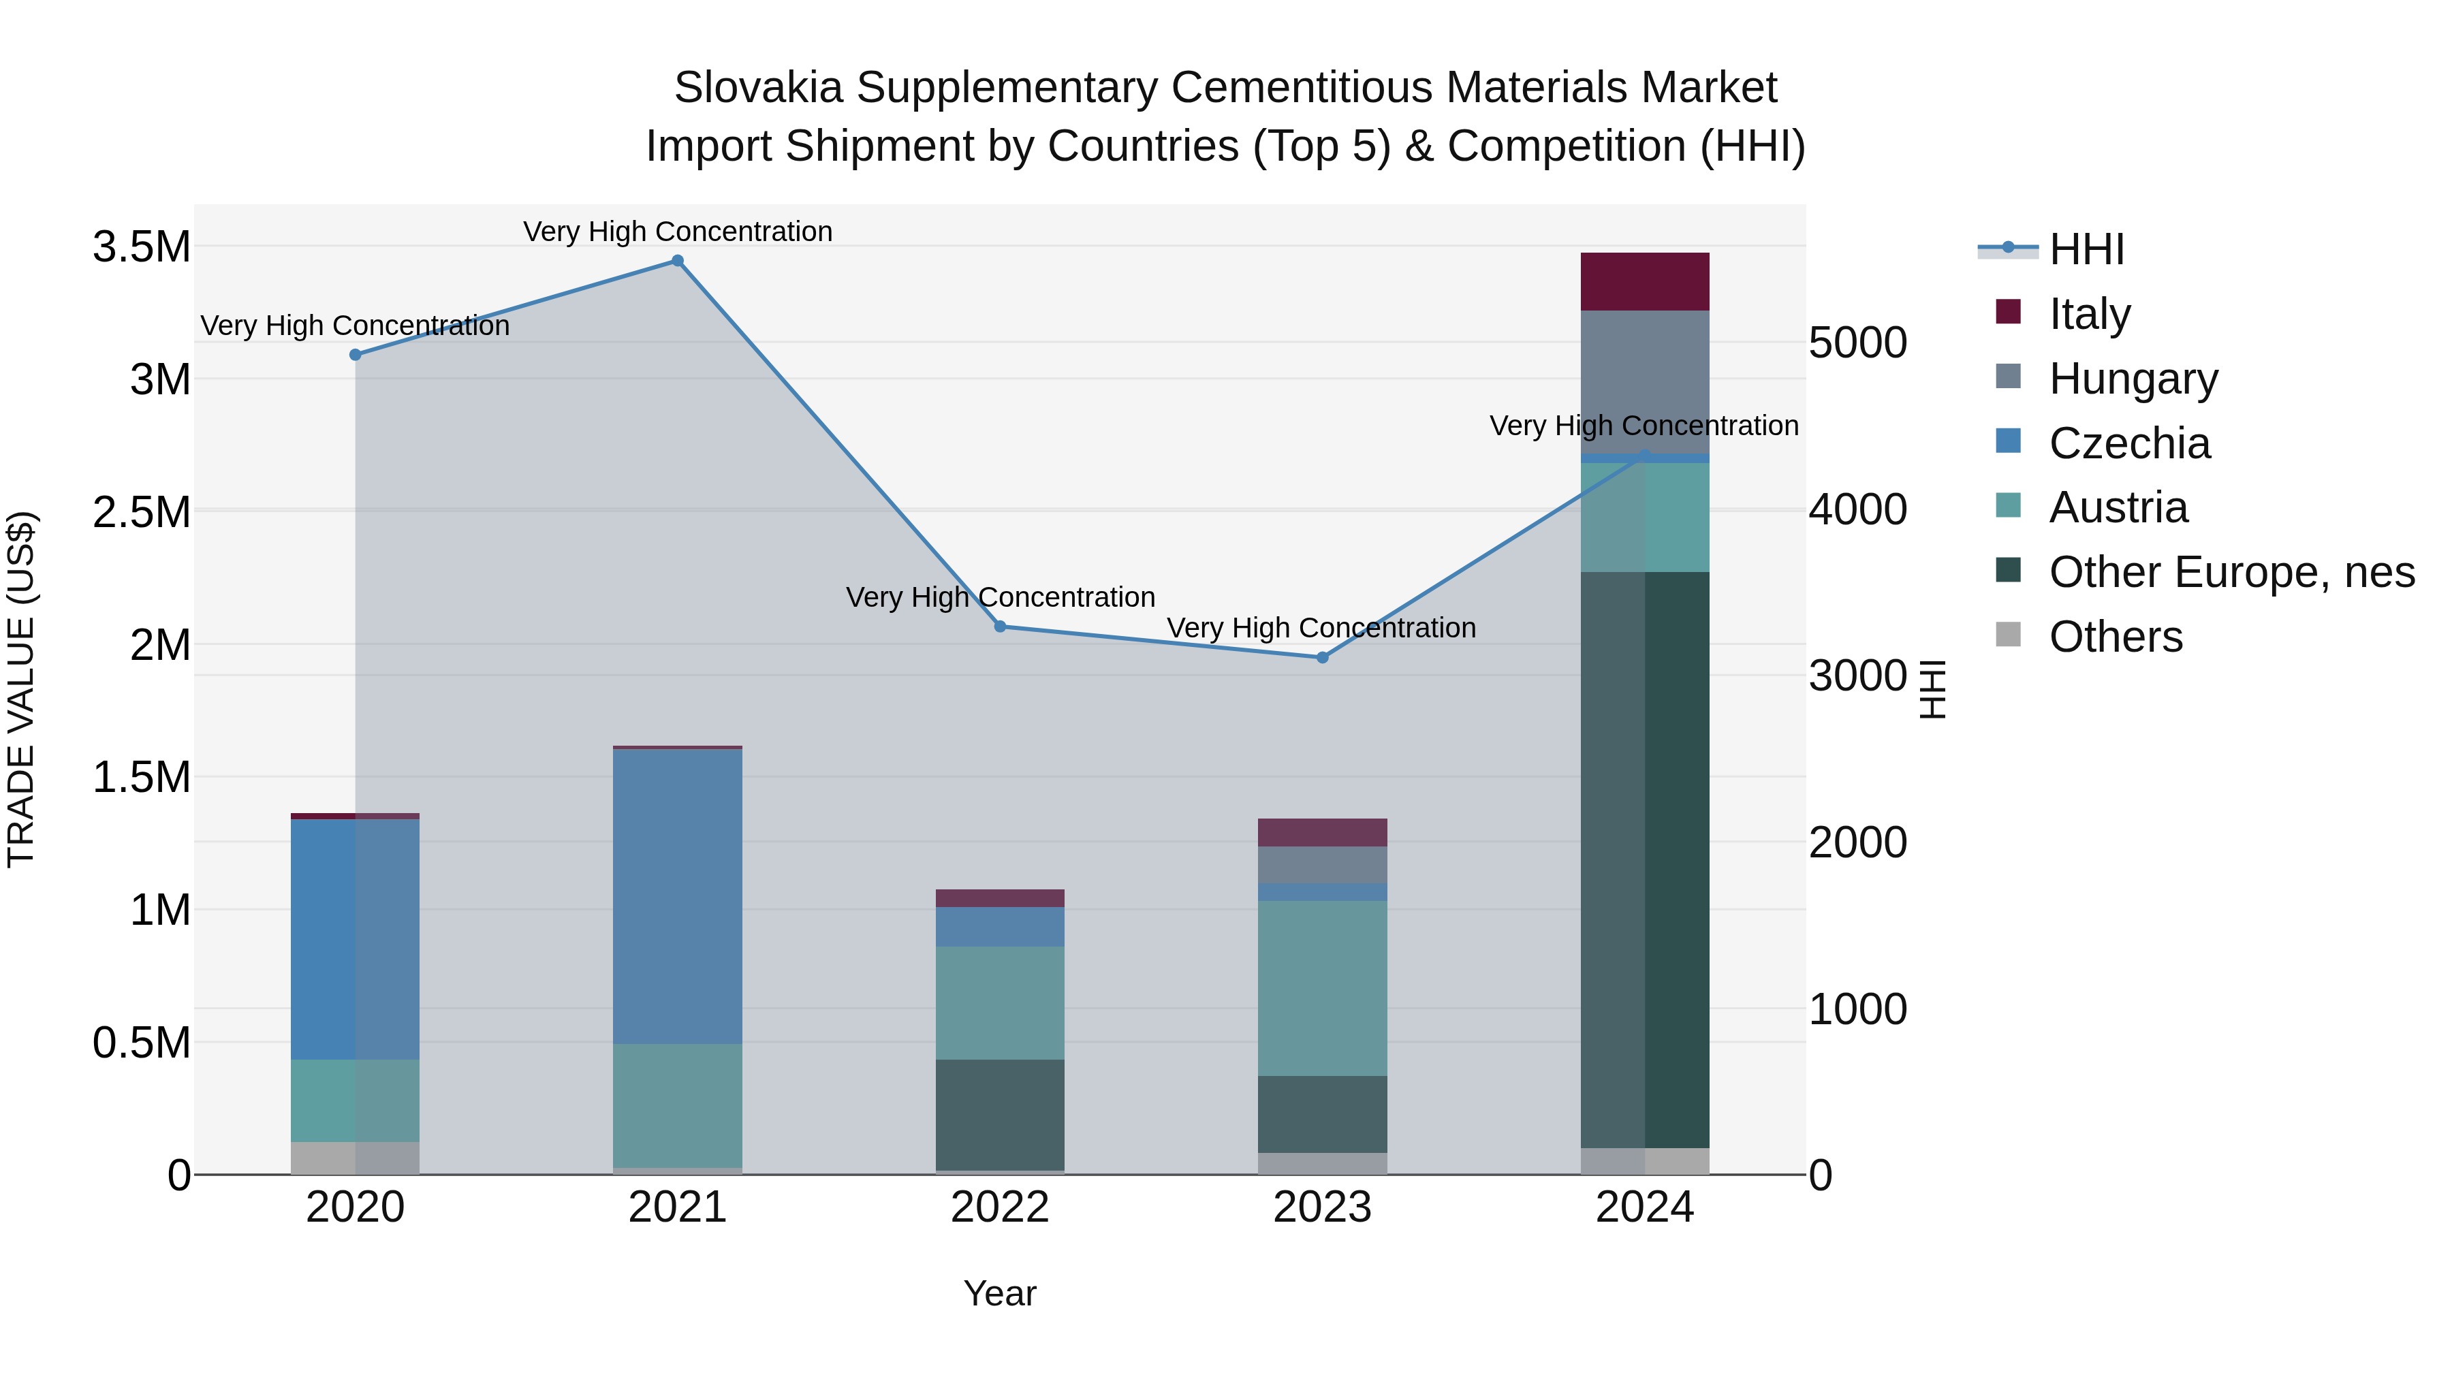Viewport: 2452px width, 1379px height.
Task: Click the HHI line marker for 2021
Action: pos(678,261)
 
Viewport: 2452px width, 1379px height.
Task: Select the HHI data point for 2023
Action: pos(1322,658)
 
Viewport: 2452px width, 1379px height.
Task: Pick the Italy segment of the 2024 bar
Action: pos(1645,282)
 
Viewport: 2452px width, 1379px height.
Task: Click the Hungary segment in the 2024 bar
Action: pos(1645,381)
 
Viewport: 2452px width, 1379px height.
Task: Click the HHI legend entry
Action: pos(2086,249)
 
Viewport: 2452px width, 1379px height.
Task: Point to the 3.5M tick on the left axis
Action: pos(141,247)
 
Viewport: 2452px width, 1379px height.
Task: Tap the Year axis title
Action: pos(999,1293)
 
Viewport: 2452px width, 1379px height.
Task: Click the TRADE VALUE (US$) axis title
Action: pos(21,689)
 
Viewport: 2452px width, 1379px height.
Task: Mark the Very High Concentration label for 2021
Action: pos(678,232)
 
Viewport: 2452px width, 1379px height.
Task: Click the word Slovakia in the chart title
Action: pos(759,88)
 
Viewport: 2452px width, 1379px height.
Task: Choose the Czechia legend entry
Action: pos(2128,443)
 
